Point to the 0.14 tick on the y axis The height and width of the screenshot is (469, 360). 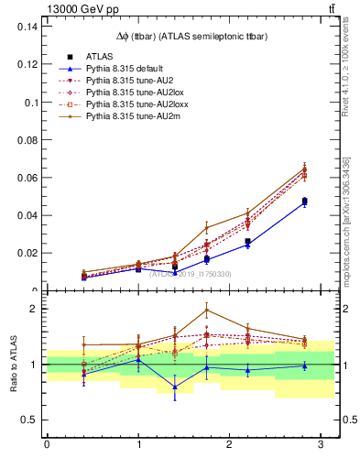point(27,27)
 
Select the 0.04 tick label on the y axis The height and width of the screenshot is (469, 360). point(27,215)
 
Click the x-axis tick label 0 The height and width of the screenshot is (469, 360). point(47,445)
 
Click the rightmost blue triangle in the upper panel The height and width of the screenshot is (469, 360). point(304,202)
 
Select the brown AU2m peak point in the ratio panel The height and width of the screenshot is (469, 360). point(207,310)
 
